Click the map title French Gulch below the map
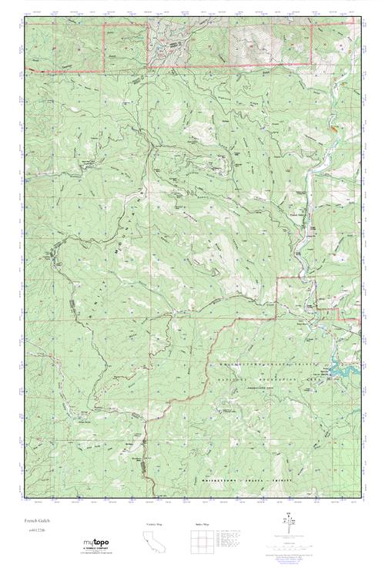(x=35, y=521)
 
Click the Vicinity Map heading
(x=155, y=524)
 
